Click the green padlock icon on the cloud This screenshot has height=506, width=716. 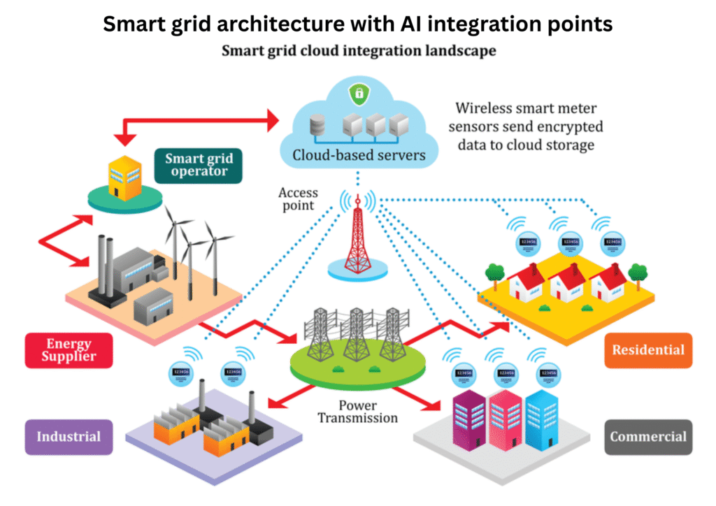click(357, 92)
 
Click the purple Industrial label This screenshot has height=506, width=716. click(69, 437)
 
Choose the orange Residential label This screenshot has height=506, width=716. click(648, 349)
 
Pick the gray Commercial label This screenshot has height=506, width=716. click(648, 437)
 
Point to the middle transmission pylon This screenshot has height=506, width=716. click(357, 328)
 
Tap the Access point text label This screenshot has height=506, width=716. click(298, 199)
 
